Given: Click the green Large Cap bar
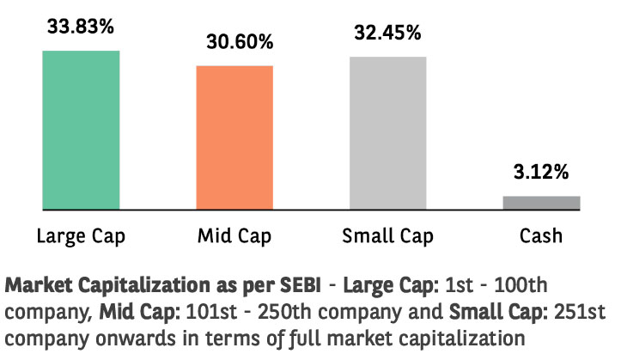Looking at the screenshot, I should (81, 130).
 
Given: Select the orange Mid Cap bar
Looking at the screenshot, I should (234, 137).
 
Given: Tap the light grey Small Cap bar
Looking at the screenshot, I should (387, 133).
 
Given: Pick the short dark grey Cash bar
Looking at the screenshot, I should (541, 203).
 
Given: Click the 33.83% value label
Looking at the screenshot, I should (81, 27).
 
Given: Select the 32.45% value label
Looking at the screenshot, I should (387, 33).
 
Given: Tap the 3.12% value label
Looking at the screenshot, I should (541, 172).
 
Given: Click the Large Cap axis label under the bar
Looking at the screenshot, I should (81, 235).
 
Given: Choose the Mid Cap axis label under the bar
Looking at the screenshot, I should (234, 235).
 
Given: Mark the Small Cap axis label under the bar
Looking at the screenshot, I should (387, 235).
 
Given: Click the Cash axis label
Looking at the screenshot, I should (541, 235).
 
